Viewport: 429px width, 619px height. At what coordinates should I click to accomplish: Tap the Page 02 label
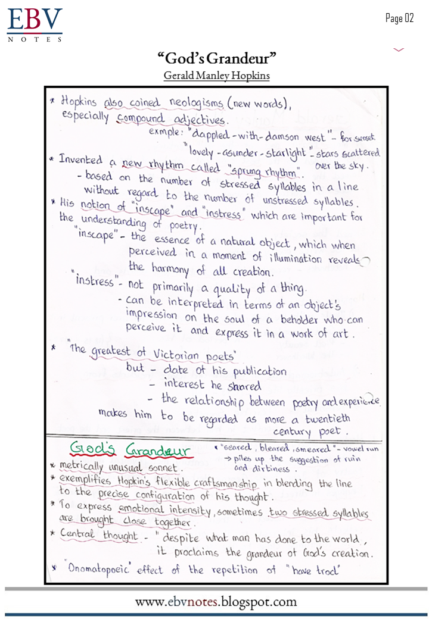pos(399,18)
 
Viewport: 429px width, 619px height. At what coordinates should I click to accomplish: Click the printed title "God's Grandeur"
pos(217,58)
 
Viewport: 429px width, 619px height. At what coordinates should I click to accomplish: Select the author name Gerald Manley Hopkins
pos(217,76)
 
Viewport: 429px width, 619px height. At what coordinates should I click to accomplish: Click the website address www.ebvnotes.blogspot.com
pos(216,602)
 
